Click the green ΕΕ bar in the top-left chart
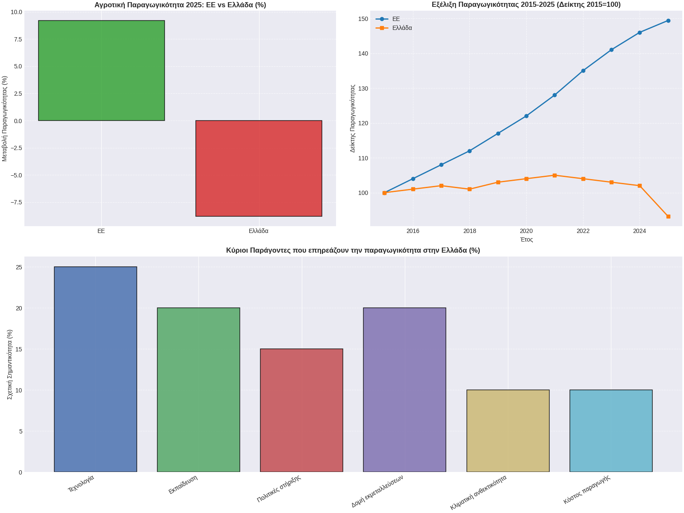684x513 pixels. point(101,71)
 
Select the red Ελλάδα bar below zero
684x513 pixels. point(259,168)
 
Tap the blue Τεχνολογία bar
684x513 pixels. point(95,369)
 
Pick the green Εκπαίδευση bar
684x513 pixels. point(198,390)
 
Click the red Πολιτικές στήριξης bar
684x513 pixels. point(301,410)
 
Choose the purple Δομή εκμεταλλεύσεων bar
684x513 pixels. point(404,390)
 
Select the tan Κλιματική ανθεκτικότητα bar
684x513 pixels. point(508,431)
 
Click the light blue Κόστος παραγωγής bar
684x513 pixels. point(611,431)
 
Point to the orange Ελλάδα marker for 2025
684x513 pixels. point(668,217)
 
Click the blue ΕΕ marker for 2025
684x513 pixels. point(668,21)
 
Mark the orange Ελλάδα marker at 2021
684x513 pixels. point(554,175)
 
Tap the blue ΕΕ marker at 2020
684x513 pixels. point(526,116)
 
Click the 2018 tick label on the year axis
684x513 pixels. point(469,231)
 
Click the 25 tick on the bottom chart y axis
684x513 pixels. point(18,267)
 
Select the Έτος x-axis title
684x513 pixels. point(526,240)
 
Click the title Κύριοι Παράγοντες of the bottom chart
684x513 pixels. point(353,251)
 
